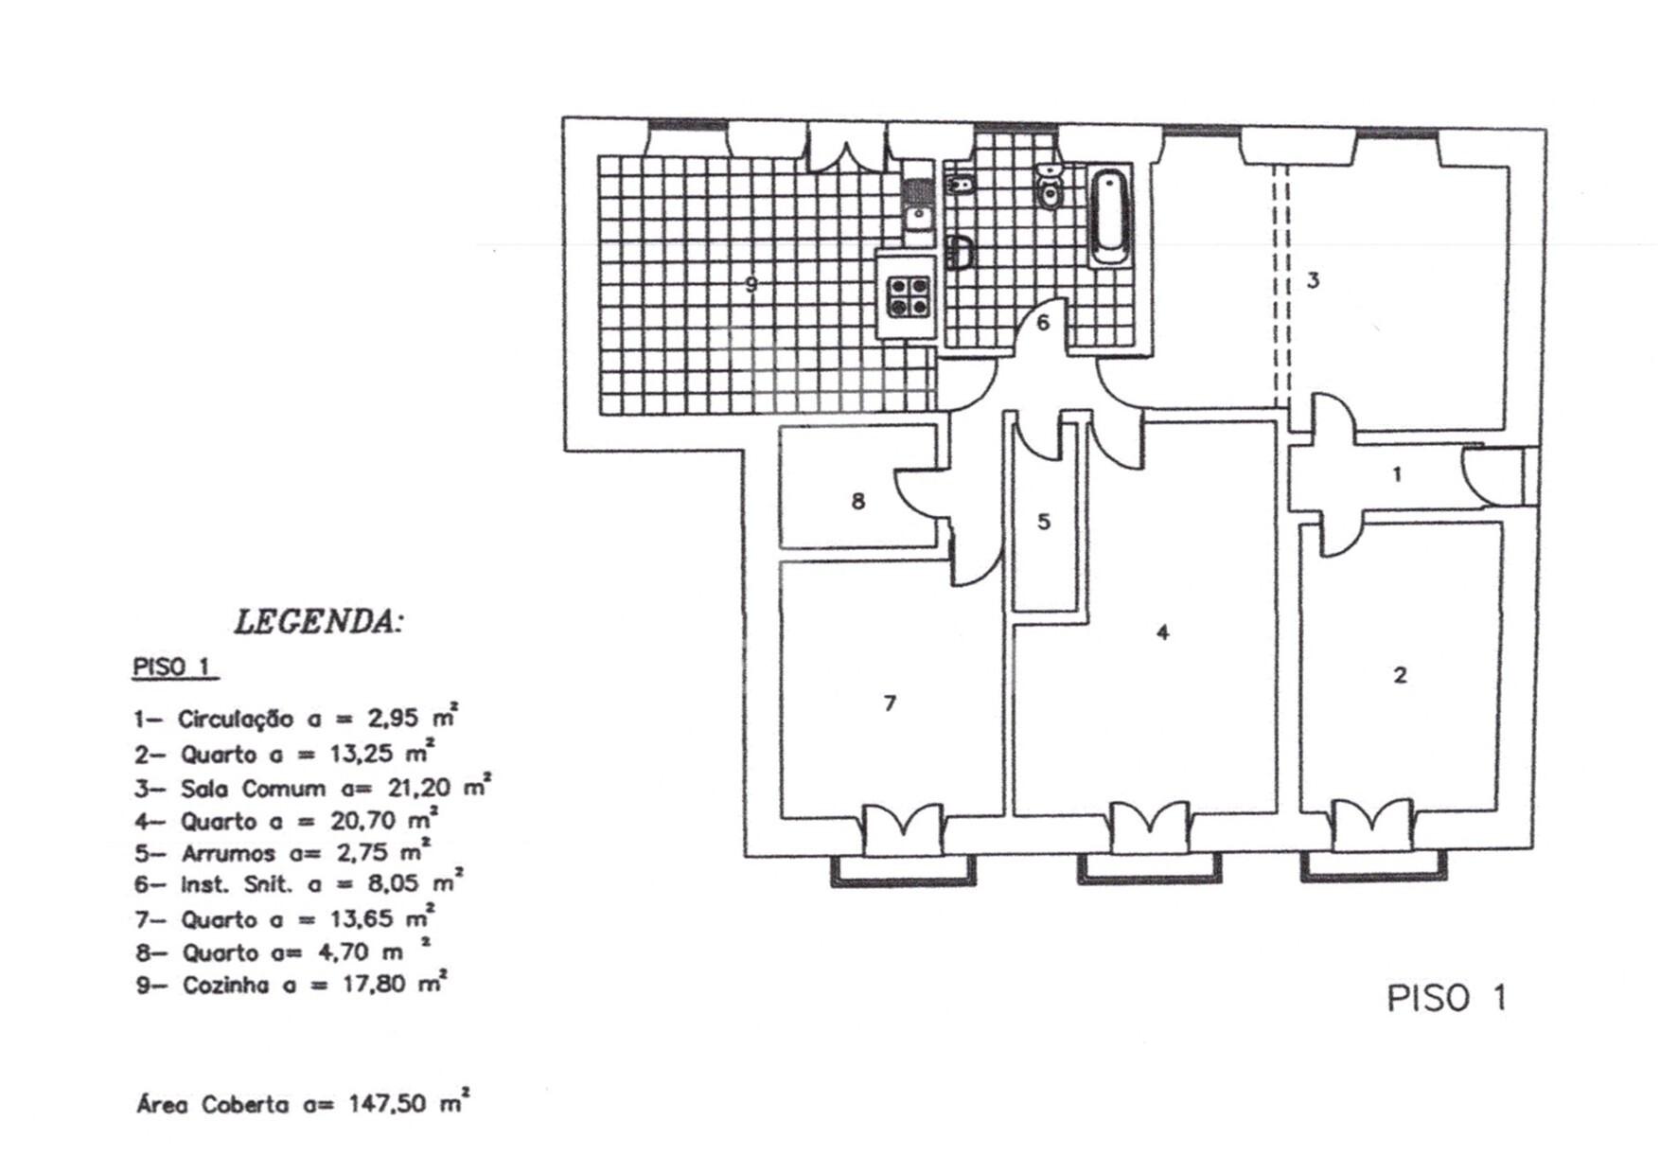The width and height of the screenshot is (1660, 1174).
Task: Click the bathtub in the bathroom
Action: click(x=1108, y=216)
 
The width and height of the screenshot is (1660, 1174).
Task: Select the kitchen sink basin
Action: click(x=916, y=216)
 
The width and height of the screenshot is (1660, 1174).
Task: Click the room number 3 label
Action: click(x=1313, y=280)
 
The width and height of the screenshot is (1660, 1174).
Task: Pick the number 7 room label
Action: click(x=889, y=703)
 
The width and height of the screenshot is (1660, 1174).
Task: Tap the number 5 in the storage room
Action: click(x=1043, y=522)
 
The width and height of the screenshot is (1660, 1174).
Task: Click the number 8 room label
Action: click(x=857, y=501)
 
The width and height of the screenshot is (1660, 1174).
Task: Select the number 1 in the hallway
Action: click(x=1397, y=474)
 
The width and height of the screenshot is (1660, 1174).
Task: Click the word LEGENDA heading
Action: click(x=318, y=622)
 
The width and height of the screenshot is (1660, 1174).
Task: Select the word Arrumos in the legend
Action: click(x=227, y=853)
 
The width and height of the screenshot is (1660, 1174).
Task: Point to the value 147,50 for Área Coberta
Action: click(x=387, y=1104)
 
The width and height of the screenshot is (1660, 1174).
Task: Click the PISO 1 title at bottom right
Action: click(x=1445, y=998)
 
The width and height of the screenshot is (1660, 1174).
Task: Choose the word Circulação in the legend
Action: click(x=235, y=719)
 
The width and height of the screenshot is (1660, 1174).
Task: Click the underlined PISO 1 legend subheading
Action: click(x=171, y=667)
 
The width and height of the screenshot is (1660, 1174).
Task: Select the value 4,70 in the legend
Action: click(x=344, y=952)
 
